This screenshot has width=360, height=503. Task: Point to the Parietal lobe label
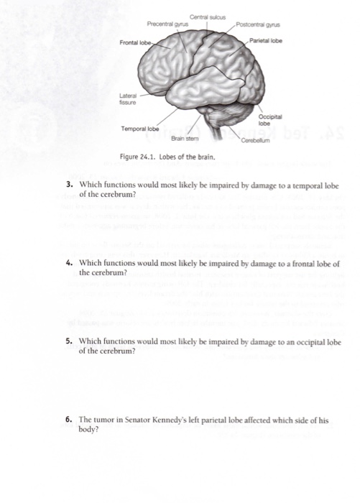[269, 41]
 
